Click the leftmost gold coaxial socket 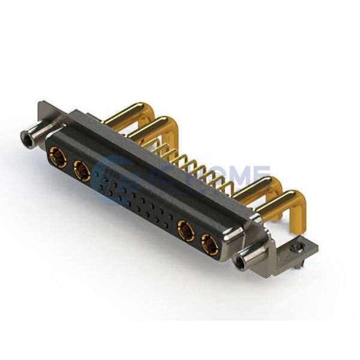pos(58,157)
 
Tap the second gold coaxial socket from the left pos(82,171)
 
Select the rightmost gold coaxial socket pos(211,244)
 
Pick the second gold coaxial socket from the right pos(186,230)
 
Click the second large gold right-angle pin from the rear pos(157,129)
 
